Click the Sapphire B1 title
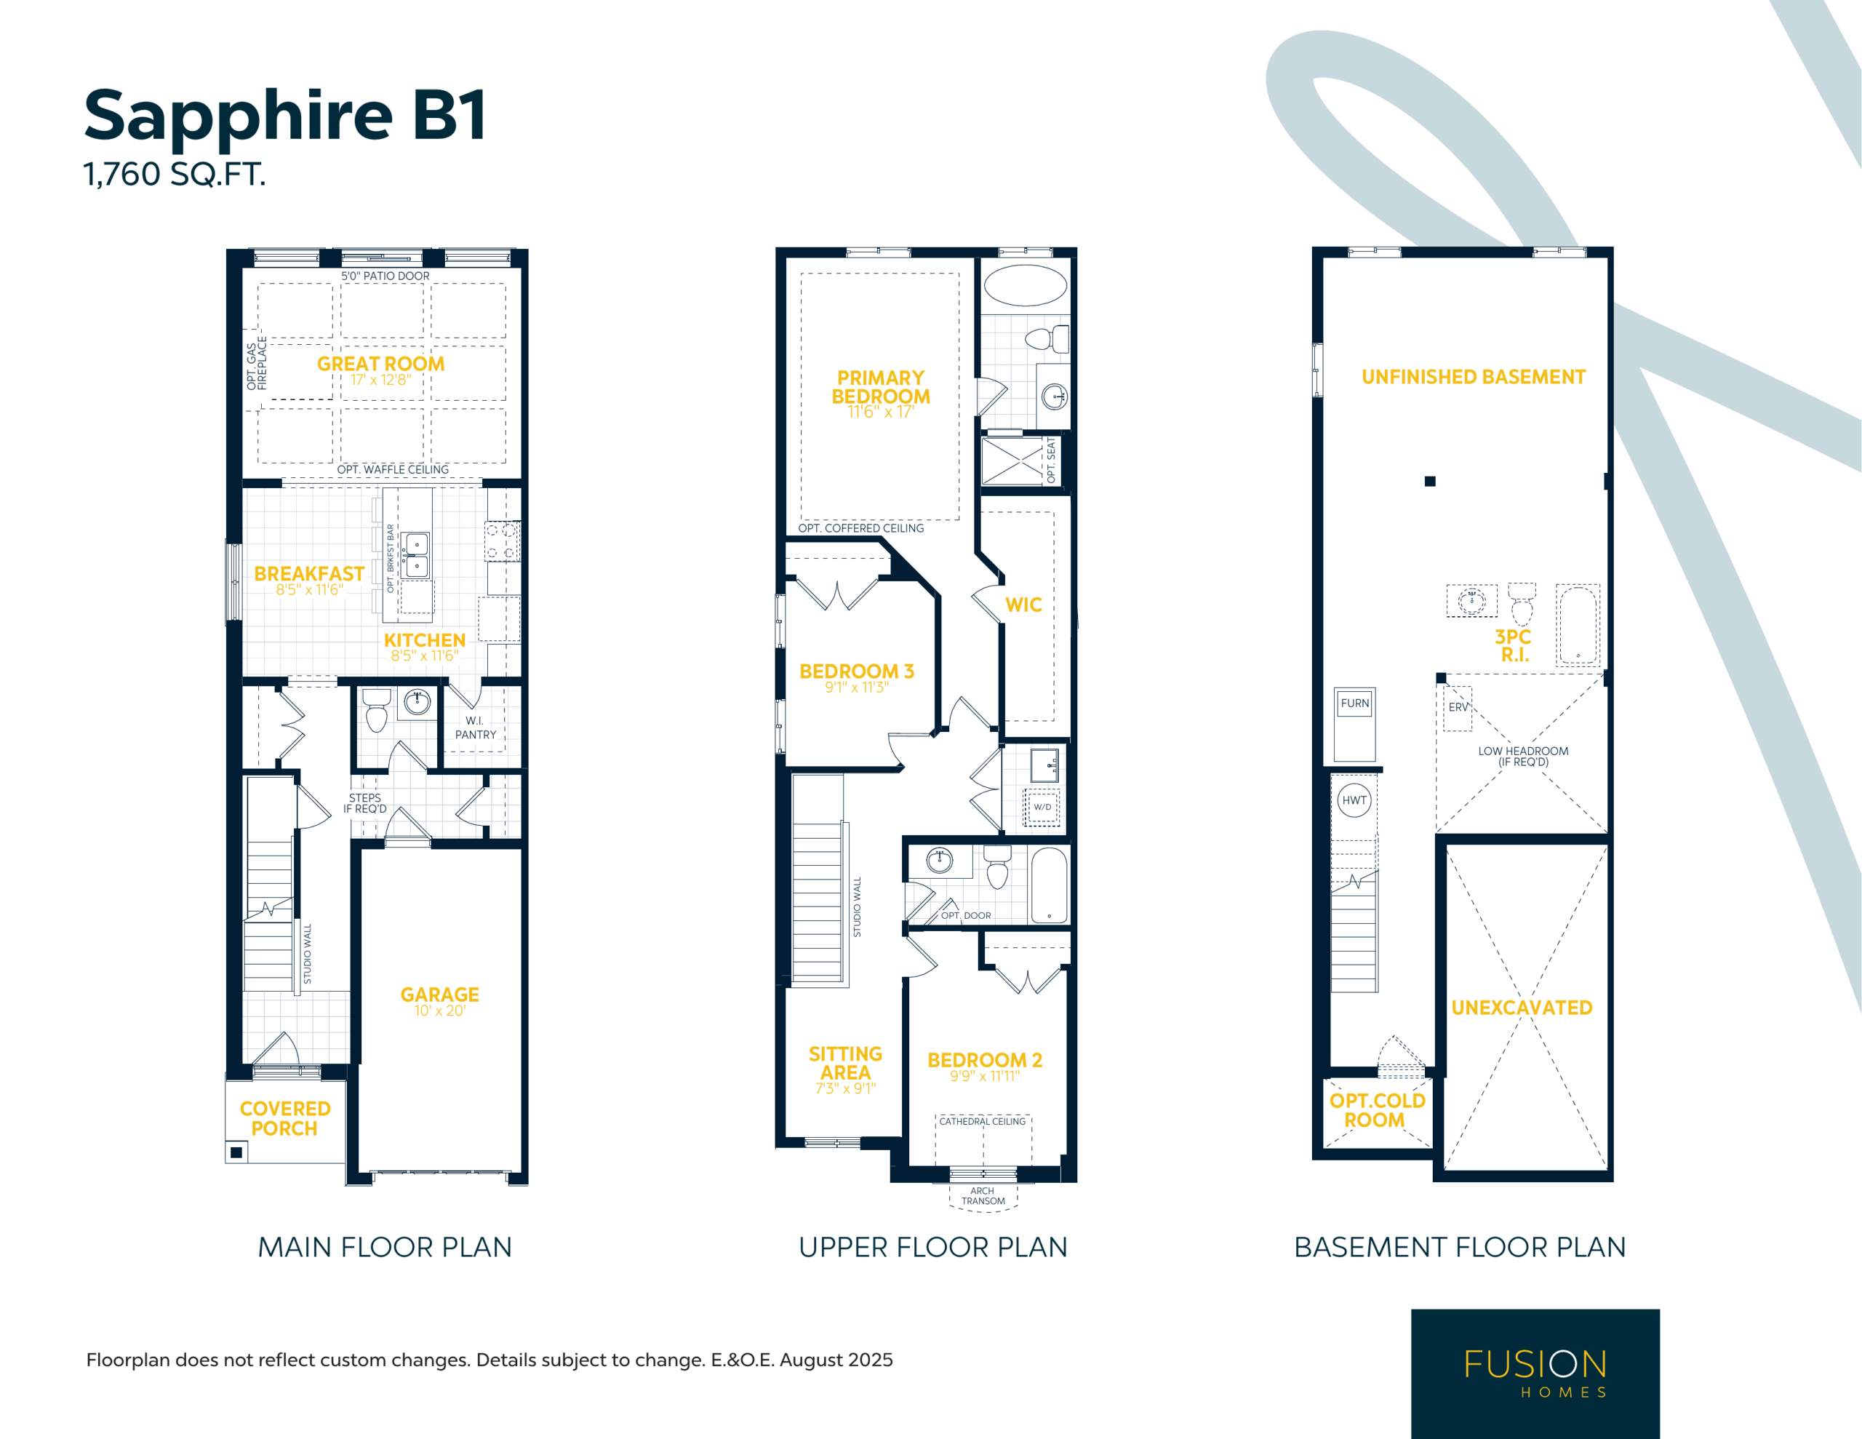tap(285, 116)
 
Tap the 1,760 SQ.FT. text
tap(175, 174)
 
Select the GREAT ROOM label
tap(381, 363)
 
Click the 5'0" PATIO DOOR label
tap(385, 276)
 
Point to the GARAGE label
tap(440, 994)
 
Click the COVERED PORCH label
tap(285, 1118)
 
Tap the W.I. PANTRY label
tap(475, 728)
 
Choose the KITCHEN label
tap(425, 639)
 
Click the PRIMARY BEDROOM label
tap(881, 387)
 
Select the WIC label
tap(1023, 605)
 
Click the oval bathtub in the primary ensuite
tap(1025, 286)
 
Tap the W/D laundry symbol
tap(1042, 807)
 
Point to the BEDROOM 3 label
tap(857, 671)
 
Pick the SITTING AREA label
tap(845, 1063)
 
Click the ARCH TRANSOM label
tap(983, 1196)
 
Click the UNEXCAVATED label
tap(1522, 1008)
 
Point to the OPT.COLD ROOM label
tap(1377, 1109)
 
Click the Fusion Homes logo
tap(1535, 1374)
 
